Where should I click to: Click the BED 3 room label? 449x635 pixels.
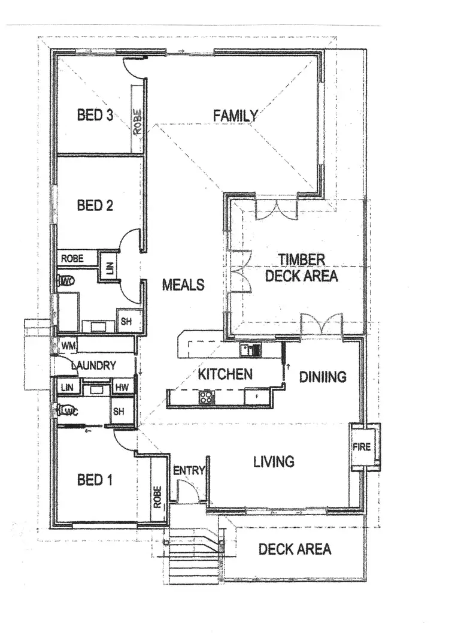point(95,115)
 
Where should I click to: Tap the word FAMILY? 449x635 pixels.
point(236,116)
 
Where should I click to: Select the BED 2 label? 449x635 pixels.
point(95,205)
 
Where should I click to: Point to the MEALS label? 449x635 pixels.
point(183,285)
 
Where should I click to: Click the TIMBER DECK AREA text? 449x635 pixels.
point(301,268)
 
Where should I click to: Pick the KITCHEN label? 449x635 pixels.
point(225,374)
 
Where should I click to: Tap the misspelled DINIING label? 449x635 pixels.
point(323,377)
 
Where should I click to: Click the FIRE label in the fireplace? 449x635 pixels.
point(362,447)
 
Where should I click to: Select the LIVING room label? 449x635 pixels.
point(274,461)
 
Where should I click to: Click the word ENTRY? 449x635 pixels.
point(189,471)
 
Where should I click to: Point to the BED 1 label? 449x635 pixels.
point(94,480)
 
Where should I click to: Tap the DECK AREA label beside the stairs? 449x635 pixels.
point(295,549)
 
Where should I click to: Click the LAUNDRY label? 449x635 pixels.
point(93,365)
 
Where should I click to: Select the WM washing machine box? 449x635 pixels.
point(67,346)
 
